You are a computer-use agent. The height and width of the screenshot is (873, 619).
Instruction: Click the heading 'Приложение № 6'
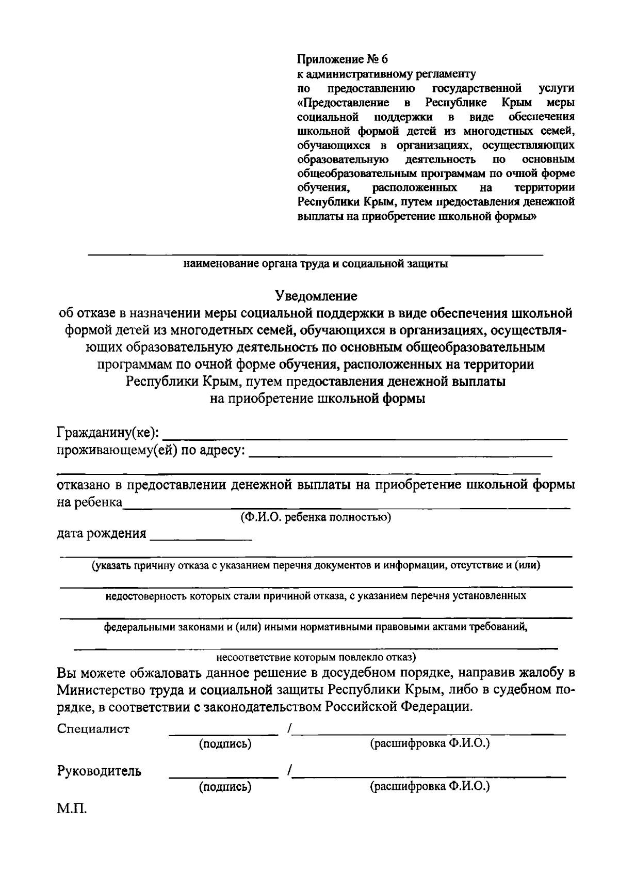tap(342, 59)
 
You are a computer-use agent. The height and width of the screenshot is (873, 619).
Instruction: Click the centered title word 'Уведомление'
tap(316, 296)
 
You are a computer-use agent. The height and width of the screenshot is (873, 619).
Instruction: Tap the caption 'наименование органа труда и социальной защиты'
tap(316, 264)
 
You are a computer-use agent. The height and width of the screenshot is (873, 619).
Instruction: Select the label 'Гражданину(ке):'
tap(108, 432)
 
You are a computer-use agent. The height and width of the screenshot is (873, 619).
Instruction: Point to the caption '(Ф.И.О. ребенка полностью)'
tap(316, 517)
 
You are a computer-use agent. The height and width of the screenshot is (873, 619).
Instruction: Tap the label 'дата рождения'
tap(102, 533)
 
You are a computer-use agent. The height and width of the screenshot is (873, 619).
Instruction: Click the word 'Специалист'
tap(93, 729)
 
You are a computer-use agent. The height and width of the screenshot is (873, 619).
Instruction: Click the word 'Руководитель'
tap(99, 771)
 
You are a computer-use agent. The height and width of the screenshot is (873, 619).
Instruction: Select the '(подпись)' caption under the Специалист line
tap(225, 744)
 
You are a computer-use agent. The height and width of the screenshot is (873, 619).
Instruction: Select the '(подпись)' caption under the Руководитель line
tap(225, 786)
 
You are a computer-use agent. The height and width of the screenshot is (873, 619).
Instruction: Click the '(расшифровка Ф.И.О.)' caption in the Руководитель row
tap(430, 786)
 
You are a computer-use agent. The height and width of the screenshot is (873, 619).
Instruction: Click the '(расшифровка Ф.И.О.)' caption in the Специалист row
tap(430, 744)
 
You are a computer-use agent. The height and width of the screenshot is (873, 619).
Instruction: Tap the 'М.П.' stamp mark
tap(72, 808)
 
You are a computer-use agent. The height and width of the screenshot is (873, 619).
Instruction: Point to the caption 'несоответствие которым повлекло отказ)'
tap(316, 658)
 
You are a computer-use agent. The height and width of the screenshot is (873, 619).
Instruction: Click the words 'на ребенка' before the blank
tap(89, 502)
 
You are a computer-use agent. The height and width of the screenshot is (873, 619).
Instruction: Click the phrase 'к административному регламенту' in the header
tap(387, 74)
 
